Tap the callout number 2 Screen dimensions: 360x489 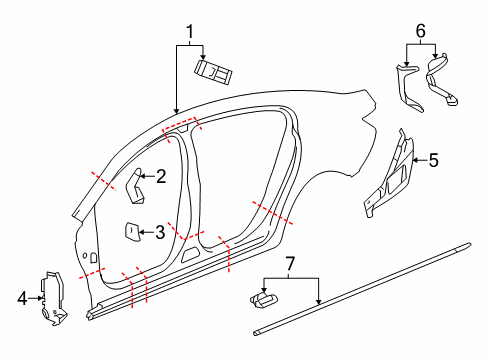coord(161,177)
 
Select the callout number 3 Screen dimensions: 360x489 coord(159,233)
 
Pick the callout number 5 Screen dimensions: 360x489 coord(434,159)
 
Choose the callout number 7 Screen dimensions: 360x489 coord(290,265)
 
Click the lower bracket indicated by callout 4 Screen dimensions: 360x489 coord(51,297)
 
